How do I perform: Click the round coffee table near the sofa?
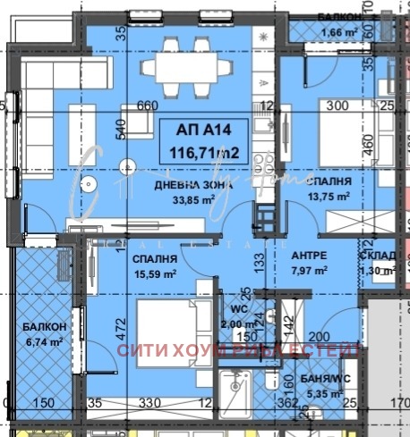[x=90, y=185]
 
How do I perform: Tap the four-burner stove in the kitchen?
[x=263, y=164]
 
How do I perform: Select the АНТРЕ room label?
[x=309, y=254]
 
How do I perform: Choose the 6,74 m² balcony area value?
[x=42, y=341]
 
